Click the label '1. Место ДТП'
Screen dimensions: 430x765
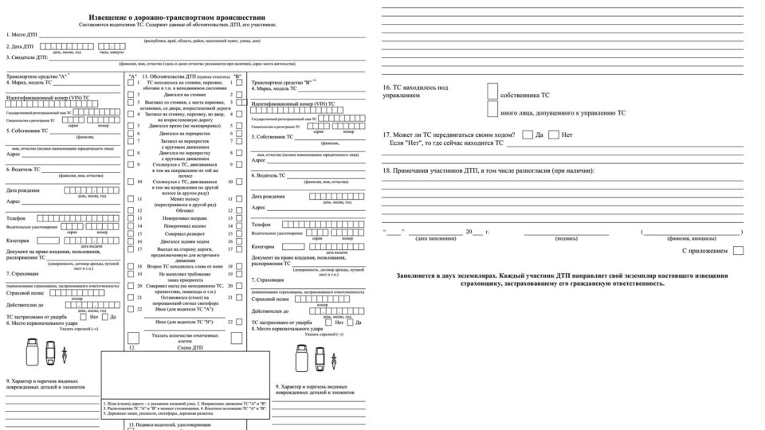(22, 35)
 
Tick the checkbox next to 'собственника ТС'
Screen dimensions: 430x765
(492, 93)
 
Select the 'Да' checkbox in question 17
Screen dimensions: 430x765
(528, 135)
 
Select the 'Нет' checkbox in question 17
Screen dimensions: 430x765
(555, 135)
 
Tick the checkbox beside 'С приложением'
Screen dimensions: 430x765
(738, 250)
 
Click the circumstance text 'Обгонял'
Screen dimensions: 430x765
(185, 209)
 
